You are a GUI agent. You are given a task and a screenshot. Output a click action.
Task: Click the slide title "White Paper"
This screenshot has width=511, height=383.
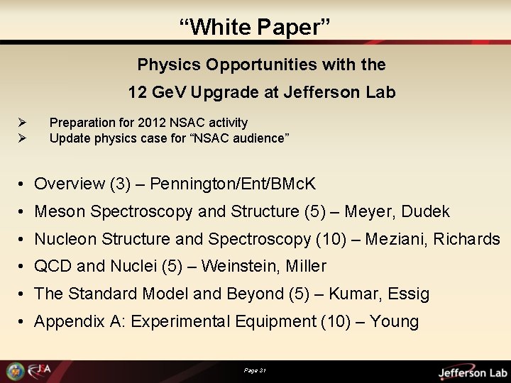(x=255, y=27)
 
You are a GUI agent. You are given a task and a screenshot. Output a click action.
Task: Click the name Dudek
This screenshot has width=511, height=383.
(x=425, y=211)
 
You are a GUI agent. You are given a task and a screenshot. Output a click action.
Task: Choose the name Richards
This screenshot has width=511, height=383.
(x=466, y=239)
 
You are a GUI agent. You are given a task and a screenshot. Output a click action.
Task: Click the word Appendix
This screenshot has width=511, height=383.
(x=65, y=321)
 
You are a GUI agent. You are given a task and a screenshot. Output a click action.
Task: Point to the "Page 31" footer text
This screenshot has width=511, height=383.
(x=255, y=370)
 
